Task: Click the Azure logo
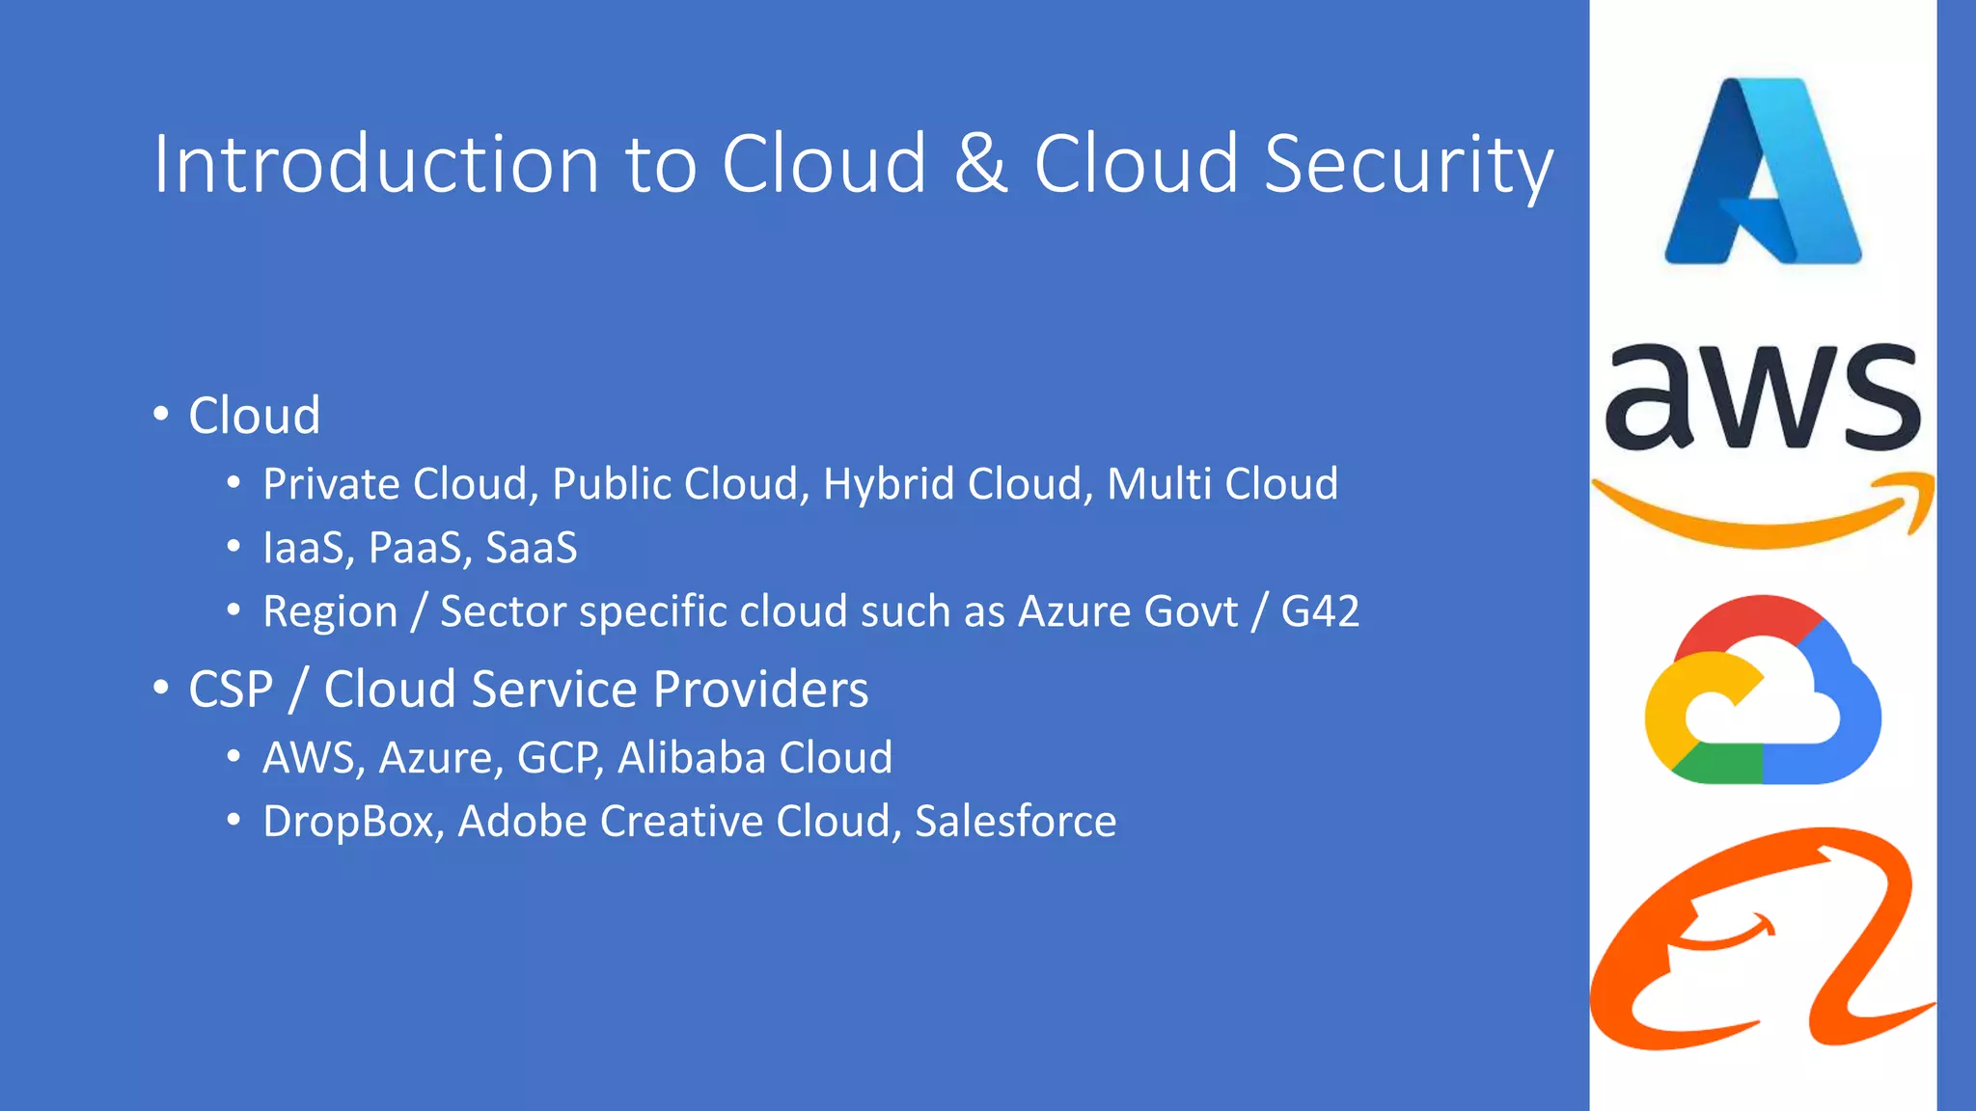click(1763, 172)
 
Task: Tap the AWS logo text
click(1763, 397)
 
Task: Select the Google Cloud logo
click(1763, 691)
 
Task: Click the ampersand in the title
click(981, 164)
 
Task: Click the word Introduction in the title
click(376, 164)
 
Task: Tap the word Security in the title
click(1409, 164)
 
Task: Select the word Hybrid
click(889, 483)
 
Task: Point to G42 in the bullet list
click(1320, 611)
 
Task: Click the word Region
click(330, 611)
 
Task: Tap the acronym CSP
click(231, 690)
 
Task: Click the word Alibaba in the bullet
click(691, 758)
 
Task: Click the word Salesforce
click(1015, 822)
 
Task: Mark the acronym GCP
click(561, 758)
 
